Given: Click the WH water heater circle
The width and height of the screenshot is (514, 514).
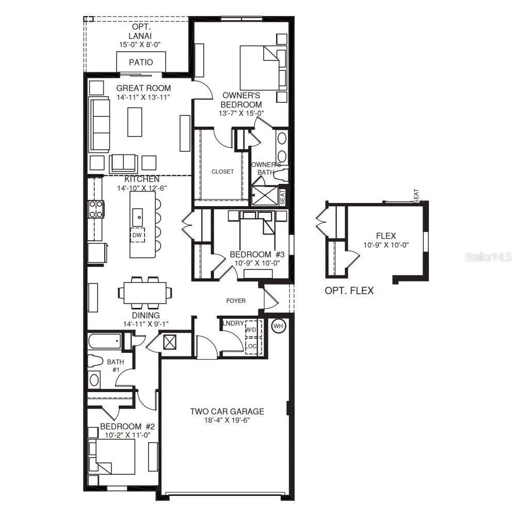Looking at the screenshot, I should click(x=278, y=326).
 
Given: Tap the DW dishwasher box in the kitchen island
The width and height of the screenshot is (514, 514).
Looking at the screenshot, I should click(x=137, y=235).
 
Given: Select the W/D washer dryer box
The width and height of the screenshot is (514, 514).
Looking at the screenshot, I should click(x=251, y=329).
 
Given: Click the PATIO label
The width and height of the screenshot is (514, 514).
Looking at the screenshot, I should click(x=141, y=63).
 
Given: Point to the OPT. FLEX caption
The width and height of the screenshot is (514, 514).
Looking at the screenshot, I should click(x=349, y=291).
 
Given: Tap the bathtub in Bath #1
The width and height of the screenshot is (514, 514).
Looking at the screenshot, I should click(x=105, y=341).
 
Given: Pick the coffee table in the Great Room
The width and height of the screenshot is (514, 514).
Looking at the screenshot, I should click(x=135, y=121).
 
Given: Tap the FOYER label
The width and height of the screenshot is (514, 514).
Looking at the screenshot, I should click(x=236, y=301).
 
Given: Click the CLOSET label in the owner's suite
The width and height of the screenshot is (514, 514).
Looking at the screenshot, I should click(x=222, y=172).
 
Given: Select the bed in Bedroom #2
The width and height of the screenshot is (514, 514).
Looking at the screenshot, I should click(x=112, y=457).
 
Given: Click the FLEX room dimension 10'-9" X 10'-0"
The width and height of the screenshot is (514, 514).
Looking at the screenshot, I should click(x=385, y=245).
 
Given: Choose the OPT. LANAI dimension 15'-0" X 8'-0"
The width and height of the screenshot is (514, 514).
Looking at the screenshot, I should click(x=139, y=44).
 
